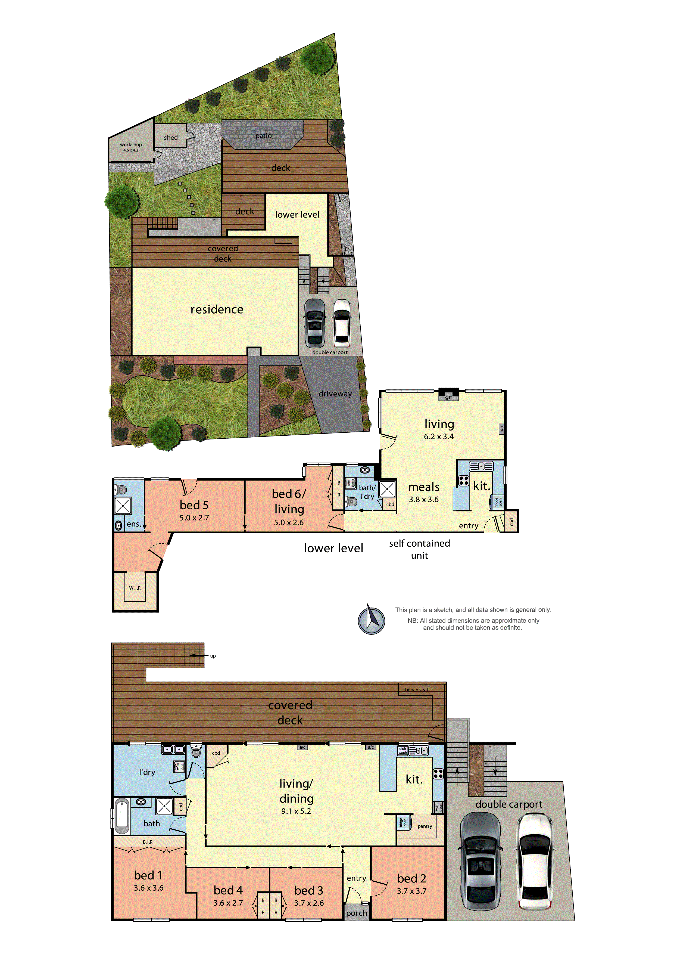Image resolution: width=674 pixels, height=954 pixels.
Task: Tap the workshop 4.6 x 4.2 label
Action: click(x=131, y=147)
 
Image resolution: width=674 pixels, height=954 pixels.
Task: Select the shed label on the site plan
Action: click(x=171, y=138)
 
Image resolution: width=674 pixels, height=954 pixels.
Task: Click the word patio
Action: click(x=263, y=136)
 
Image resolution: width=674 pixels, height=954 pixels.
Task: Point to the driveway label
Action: click(x=335, y=394)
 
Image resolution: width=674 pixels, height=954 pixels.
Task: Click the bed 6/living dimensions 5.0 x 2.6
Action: click(x=289, y=522)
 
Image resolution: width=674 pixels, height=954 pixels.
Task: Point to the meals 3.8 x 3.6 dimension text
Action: click(x=424, y=500)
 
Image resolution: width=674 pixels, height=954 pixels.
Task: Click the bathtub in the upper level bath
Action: click(x=122, y=815)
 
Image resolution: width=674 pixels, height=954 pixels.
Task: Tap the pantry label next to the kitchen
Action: click(x=425, y=826)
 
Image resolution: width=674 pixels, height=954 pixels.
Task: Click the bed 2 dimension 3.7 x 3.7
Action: click(x=411, y=891)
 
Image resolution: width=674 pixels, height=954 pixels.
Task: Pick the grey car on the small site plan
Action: click(x=315, y=323)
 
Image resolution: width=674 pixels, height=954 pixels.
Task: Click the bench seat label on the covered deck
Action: click(x=417, y=690)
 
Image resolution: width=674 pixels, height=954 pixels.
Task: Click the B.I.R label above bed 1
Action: click(x=148, y=842)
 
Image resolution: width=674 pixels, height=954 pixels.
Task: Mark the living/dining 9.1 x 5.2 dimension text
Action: click(x=296, y=811)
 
